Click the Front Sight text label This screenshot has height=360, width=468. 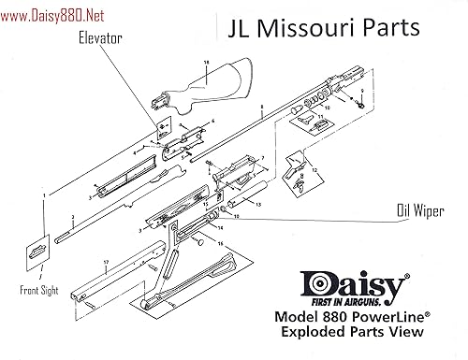pos(37,291)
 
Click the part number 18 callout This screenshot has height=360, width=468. pos(201,65)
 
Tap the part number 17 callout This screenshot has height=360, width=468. pos(108,263)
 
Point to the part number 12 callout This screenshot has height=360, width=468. pos(315,169)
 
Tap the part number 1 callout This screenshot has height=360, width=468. pos(44,194)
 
